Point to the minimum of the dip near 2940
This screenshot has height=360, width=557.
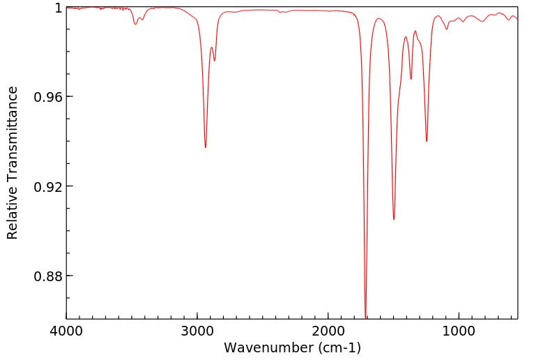click(206, 147)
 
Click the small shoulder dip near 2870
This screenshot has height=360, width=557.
click(215, 61)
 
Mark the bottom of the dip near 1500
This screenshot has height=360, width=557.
click(394, 219)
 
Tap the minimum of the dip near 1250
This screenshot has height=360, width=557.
click(427, 141)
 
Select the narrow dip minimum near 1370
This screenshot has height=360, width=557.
click(411, 79)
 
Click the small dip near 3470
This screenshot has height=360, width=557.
click(136, 24)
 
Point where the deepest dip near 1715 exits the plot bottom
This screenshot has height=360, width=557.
click(365, 317)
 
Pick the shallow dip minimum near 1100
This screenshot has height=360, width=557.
click(447, 29)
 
